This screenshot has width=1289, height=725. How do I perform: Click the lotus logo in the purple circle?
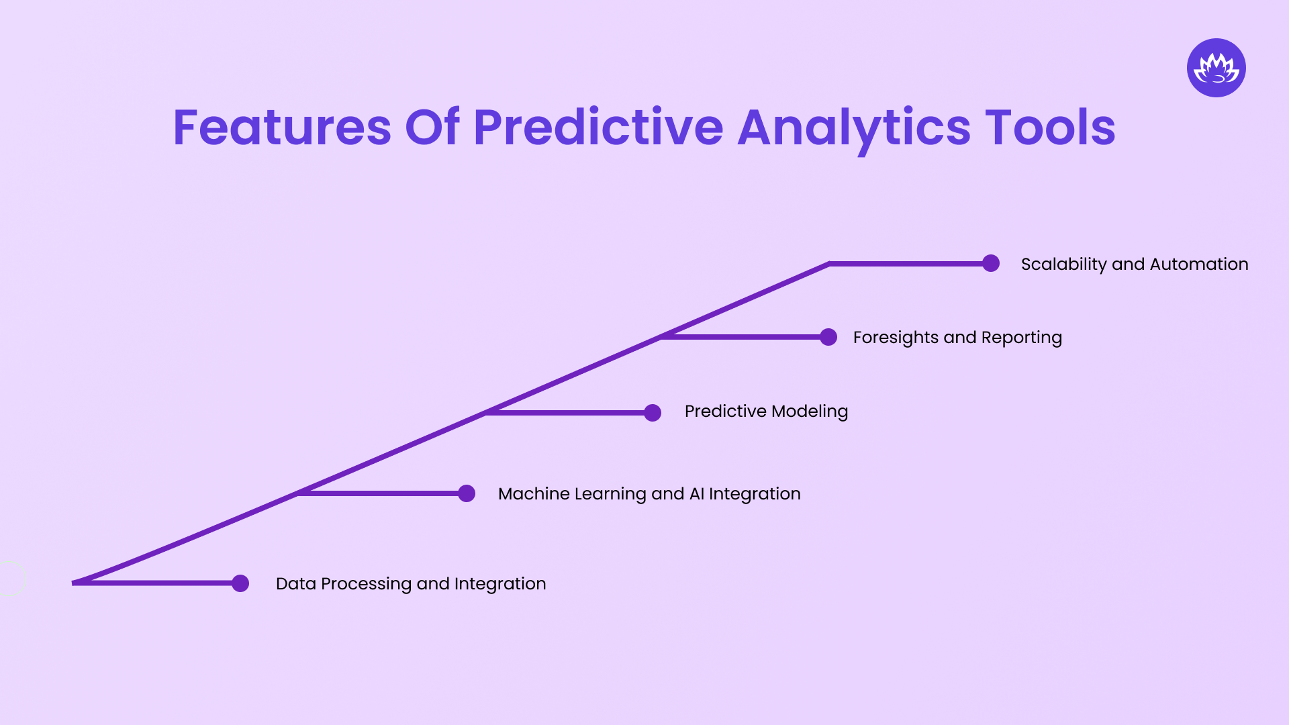coord(1216,68)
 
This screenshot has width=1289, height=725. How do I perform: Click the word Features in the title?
coord(282,128)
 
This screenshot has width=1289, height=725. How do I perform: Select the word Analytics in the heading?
coord(854,128)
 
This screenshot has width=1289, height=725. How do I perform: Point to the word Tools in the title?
coord(1050,128)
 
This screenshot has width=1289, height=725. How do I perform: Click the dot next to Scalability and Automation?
coord(991,263)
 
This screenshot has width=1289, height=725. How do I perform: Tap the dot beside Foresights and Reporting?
coord(828,337)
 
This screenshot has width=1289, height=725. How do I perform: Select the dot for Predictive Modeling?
coord(653,413)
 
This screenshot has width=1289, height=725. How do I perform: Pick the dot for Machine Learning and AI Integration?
coord(467,493)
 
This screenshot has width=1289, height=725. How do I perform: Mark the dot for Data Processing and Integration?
coord(240,583)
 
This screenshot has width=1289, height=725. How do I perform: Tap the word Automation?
coord(1199,264)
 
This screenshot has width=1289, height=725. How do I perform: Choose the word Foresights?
coord(896,338)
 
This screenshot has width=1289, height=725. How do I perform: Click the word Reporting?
coord(1021,338)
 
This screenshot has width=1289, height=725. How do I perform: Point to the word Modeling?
coord(810,412)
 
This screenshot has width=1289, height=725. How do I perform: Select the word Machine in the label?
coord(533,494)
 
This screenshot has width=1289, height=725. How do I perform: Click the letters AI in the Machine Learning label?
coord(697,494)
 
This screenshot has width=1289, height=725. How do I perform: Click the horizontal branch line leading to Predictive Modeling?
coord(571,413)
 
